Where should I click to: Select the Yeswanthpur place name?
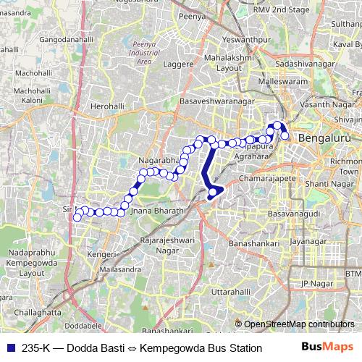[x=226, y=38]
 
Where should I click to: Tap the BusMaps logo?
[x=327, y=348]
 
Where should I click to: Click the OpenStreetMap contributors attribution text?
[x=299, y=324]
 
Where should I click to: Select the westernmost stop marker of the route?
[x=77, y=217]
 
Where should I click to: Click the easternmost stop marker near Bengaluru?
[x=285, y=135]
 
